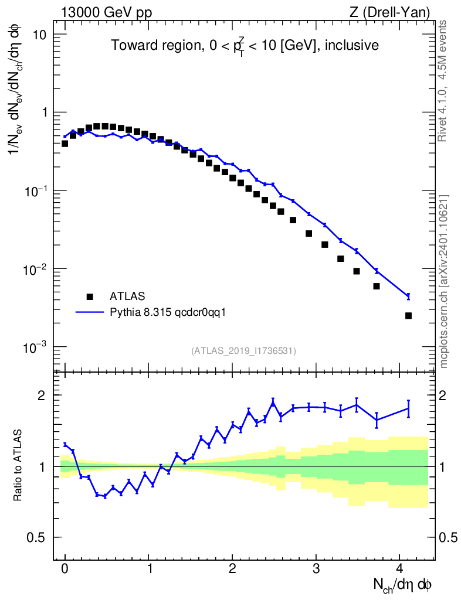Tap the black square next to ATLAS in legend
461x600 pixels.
[x=90, y=296]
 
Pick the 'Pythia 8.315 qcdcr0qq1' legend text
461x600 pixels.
[x=168, y=312]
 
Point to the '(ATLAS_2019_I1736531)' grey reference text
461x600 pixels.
[x=243, y=350]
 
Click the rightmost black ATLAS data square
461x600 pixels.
[x=408, y=316]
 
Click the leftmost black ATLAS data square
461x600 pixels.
[x=65, y=143]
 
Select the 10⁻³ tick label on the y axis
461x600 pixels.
[x=36, y=348]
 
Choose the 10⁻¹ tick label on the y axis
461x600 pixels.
[x=36, y=191]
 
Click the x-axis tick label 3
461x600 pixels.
[x=316, y=568]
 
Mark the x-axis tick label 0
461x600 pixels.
[x=65, y=568]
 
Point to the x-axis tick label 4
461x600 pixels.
[x=400, y=568]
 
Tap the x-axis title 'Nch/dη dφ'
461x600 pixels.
[x=404, y=584]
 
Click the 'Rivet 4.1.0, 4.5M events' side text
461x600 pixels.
[x=442, y=81]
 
